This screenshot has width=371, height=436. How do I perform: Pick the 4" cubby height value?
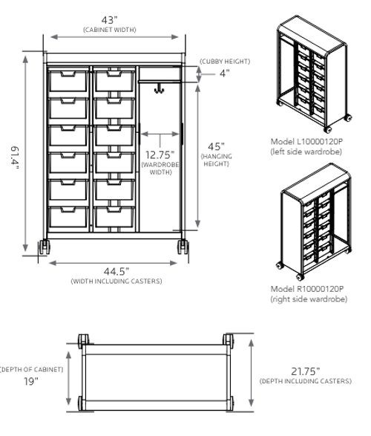pyautogui.click(x=223, y=73)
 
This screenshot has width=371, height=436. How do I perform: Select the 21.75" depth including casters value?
pyautogui.click(x=305, y=371)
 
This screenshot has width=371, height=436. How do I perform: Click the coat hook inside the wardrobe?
pyautogui.click(x=158, y=90)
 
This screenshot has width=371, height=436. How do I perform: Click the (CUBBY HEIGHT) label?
pyautogui.click(x=224, y=61)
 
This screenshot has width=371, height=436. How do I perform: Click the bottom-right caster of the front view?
pyautogui.click(x=181, y=247)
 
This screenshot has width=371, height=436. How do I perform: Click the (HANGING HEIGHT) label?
pyautogui.click(x=214, y=160)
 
